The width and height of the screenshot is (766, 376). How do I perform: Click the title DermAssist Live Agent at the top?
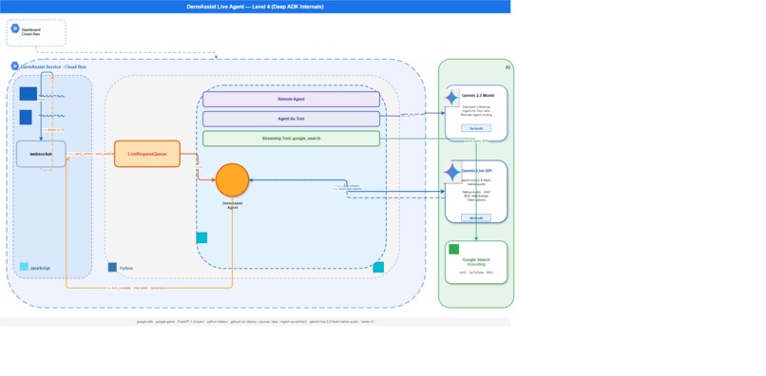tap(255, 6)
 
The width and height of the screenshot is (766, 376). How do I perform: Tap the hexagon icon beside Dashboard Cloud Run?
tap(15, 29)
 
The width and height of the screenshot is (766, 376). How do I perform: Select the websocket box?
tap(41, 153)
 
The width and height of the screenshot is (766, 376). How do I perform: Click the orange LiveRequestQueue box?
tap(146, 153)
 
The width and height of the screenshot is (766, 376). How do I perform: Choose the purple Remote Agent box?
tap(291, 99)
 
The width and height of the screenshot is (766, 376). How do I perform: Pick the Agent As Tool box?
tap(291, 119)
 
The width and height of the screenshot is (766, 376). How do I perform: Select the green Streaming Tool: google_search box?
tap(291, 139)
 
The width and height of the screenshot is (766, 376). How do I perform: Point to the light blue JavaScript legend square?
tap(24, 268)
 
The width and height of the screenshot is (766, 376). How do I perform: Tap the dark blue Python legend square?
tap(112, 268)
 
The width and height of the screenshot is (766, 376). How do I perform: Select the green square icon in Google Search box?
tap(453, 250)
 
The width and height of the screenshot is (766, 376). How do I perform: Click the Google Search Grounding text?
tap(476, 261)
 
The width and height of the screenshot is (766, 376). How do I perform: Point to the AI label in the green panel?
tap(507, 67)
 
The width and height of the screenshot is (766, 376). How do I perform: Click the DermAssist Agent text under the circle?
tap(232, 205)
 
